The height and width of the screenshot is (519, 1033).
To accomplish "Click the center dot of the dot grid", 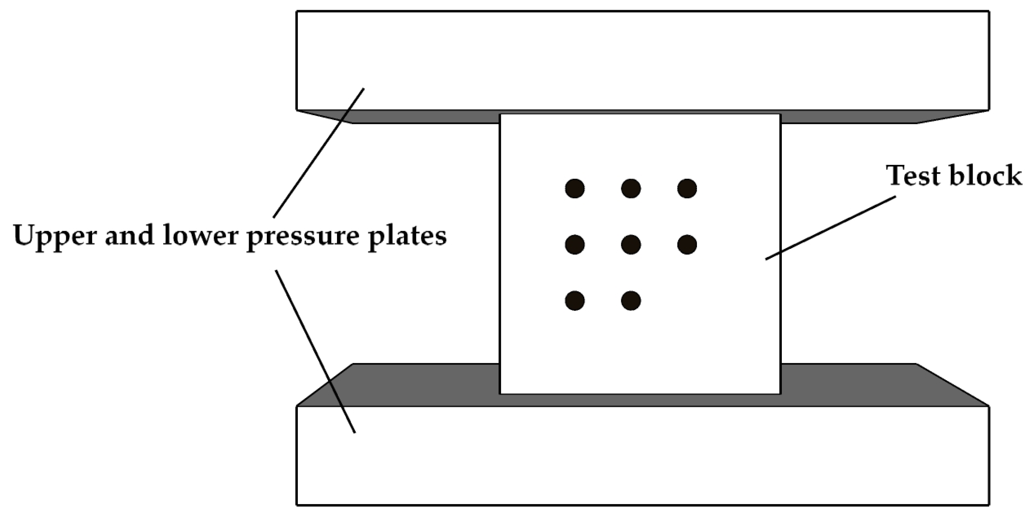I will pyautogui.click(x=631, y=245).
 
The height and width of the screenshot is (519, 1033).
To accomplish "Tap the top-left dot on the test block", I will pyautogui.click(x=575, y=189).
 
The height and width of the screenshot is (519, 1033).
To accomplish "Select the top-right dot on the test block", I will pyautogui.click(x=687, y=189).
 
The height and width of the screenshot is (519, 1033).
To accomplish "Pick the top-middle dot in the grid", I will pyautogui.click(x=631, y=189).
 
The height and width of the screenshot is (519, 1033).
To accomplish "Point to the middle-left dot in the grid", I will pyautogui.click(x=575, y=245).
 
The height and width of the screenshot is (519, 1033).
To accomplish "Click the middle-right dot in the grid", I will pyautogui.click(x=687, y=245).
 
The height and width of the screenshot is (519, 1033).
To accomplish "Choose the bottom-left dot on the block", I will pyautogui.click(x=575, y=301).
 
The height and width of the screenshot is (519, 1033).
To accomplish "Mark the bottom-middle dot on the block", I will pyautogui.click(x=631, y=301).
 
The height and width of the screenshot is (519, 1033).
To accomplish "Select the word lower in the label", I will pyautogui.click(x=200, y=235).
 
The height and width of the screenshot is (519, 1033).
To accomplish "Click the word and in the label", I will pyautogui.click(x=129, y=235).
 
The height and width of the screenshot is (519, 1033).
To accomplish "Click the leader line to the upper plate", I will pyautogui.click(x=318, y=153).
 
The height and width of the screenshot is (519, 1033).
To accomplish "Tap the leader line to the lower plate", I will pyautogui.click(x=315, y=351).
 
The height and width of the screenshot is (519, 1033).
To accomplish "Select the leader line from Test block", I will pyautogui.click(x=830, y=228).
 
